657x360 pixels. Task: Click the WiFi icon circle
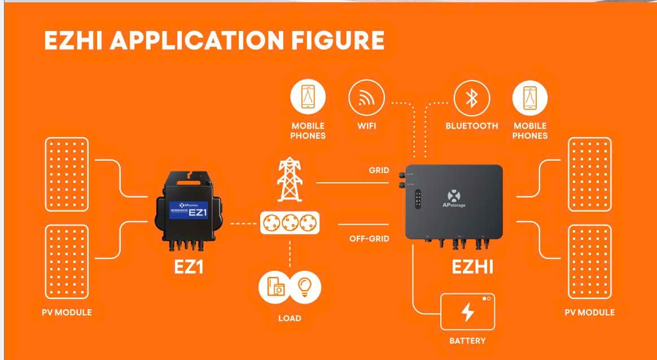tap(366, 98)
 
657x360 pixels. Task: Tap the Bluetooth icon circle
tap(471, 98)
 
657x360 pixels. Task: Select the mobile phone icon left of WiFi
tap(308, 98)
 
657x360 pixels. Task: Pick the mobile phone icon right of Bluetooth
tap(530, 98)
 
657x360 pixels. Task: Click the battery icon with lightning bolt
tap(467, 311)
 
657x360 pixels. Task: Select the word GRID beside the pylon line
tap(379, 170)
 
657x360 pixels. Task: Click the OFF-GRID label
tap(369, 239)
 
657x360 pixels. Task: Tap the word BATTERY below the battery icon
tap(467, 341)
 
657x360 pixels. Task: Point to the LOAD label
tap(290, 318)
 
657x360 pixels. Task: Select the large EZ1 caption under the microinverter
tap(188, 267)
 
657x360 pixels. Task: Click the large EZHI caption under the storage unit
tap(472, 267)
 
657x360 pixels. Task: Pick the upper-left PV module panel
tap(67, 174)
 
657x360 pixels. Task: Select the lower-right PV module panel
tap(589, 262)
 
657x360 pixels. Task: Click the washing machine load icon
tap(275, 286)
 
